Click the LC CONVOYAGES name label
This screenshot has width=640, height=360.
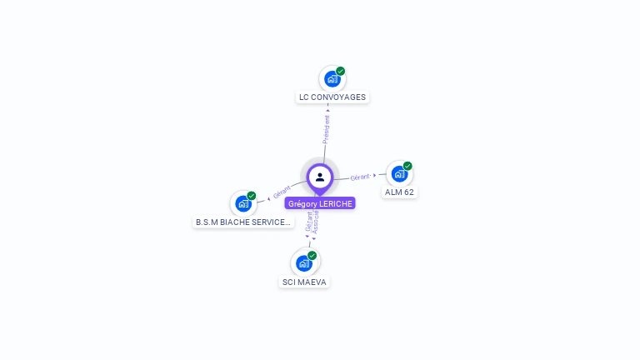click(x=332, y=97)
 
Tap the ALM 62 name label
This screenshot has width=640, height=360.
click(x=399, y=192)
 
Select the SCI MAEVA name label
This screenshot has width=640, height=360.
click(x=304, y=282)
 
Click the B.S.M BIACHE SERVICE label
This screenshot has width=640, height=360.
click(x=243, y=222)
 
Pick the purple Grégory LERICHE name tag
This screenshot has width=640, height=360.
click(x=320, y=203)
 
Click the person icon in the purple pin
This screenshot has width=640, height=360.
click(x=320, y=177)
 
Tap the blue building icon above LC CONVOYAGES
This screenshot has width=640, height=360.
click(x=332, y=79)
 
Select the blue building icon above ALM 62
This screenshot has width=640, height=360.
click(x=399, y=174)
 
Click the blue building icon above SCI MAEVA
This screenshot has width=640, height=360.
click(x=304, y=263)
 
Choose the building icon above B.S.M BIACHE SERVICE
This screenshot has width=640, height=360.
click(x=243, y=203)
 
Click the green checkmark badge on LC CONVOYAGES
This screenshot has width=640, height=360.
click(x=340, y=71)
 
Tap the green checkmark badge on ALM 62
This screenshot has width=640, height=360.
click(x=407, y=166)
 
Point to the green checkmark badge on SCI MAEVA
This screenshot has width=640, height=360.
click(x=312, y=256)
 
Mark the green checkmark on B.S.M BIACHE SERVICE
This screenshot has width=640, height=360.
click(x=252, y=196)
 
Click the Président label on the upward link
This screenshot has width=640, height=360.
click(x=326, y=129)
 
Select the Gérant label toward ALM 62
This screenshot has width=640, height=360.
click(x=360, y=177)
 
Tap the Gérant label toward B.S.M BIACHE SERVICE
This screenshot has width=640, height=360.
click(x=282, y=192)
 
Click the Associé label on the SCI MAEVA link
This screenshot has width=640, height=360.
click(x=316, y=222)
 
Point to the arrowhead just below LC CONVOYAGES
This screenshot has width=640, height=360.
click(x=327, y=110)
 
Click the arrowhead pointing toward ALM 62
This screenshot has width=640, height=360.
click(x=375, y=176)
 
